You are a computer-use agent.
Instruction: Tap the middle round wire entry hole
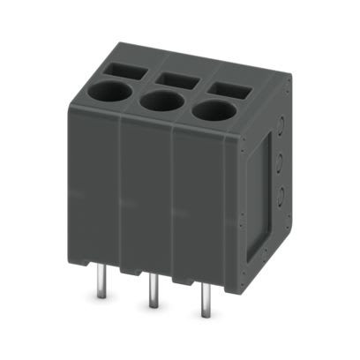pos(161,101)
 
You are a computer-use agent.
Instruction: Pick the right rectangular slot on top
pos(229,89)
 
